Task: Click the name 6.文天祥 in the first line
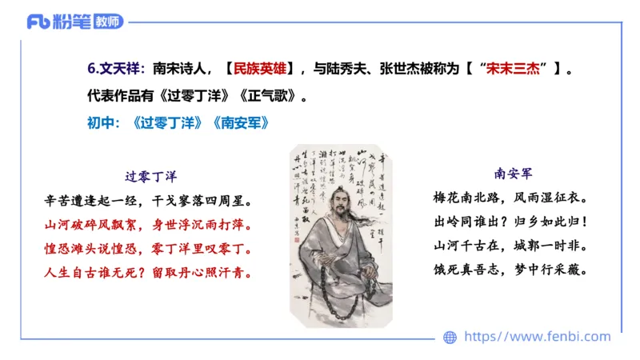pyautogui.click(x=114, y=70)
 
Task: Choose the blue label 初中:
pyautogui.click(x=103, y=124)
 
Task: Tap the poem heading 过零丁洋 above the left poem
pyautogui.click(x=150, y=176)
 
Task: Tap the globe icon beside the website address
pyautogui.click(x=450, y=338)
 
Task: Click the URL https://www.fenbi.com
pyautogui.click(x=537, y=337)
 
